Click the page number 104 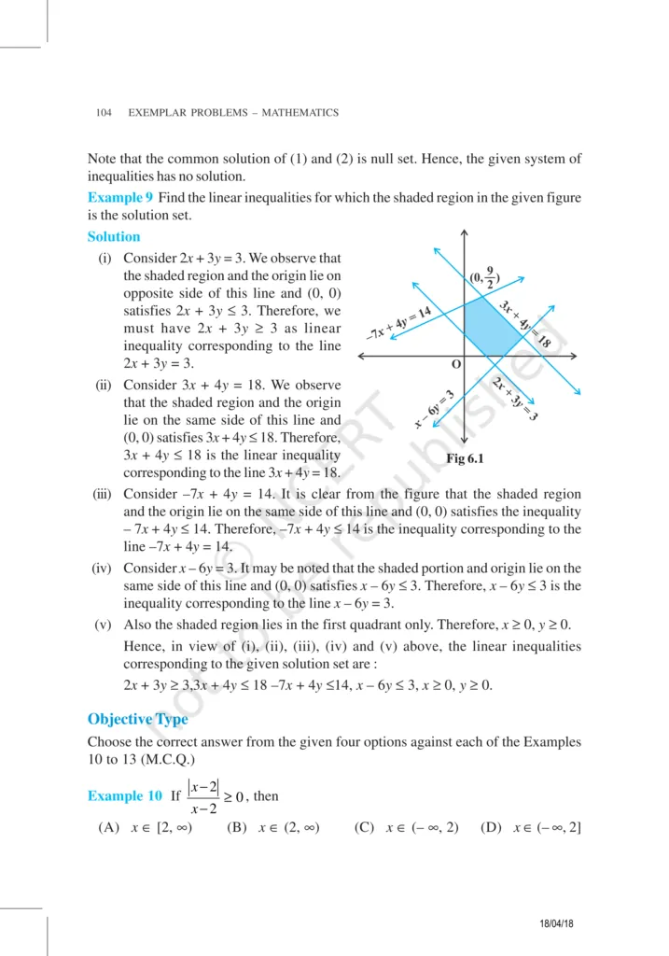104,113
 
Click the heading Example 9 120,197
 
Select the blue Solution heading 114,237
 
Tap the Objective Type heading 137,719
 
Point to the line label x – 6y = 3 434,409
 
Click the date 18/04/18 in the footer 561,922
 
